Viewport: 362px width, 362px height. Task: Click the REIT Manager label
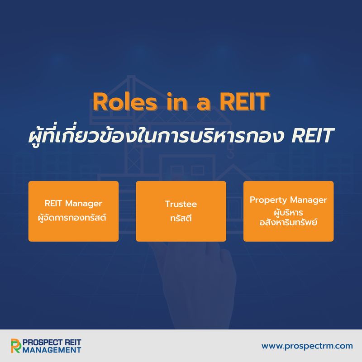(73, 203)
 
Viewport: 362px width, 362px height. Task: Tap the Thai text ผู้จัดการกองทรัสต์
(73, 216)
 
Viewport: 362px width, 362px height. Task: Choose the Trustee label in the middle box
(181, 204)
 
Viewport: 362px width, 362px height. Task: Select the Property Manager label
(288, 200)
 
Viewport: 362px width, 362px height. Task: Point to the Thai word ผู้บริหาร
(288, 211)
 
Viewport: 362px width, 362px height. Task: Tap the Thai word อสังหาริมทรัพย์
(288, 222)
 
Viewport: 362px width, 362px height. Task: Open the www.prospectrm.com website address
(307, 346)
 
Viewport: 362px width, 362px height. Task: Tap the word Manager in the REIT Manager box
(86, 203)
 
